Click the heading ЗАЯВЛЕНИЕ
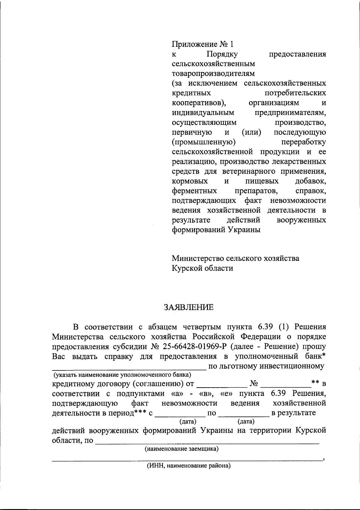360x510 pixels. pyautogui.click(x=189, y=307)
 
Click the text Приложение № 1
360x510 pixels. pyautogui.click(x=202, y=44)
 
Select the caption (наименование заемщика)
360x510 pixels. pyautogui.click(x=181, y=449)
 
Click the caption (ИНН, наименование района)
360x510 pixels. pyautogui.click(x=189, y=466)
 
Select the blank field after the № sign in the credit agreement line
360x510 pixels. pyautogui.click(x=286, y=385)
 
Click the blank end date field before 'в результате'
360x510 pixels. pyautogui.click(x=244, y=415)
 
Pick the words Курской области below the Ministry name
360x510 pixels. pyautogui.click(x=202, y=268)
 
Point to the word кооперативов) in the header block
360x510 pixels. pyautogui.click(x=199, y=103)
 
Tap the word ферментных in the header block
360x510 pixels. pyautogui.click(x=194, y=191)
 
